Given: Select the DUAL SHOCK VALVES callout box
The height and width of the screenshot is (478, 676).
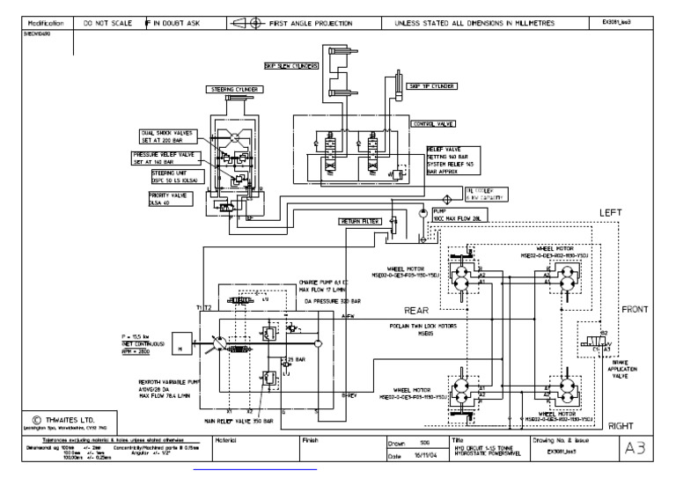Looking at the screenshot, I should point(167,137).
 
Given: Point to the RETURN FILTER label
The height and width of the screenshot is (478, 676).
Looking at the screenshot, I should point(360,222).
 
